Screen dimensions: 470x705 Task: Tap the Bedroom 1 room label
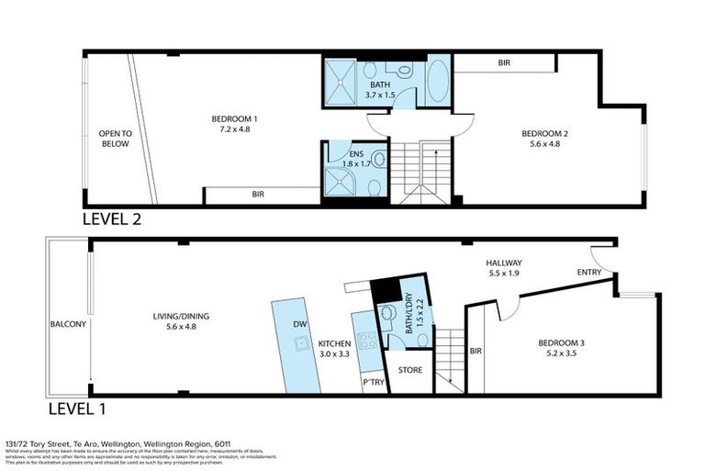pos(234,118)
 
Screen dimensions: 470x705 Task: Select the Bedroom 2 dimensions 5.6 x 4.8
pos(545,144)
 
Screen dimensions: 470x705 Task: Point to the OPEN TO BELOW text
pos(116,139)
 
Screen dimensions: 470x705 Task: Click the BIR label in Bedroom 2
pos(504,62)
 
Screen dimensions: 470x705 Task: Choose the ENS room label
pos(347,153)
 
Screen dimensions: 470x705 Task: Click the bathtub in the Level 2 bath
pos(438,83)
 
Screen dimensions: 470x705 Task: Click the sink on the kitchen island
pos(299,343)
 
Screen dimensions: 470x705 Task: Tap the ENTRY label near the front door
pos(589,273)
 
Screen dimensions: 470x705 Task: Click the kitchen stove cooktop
pos(366,341)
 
